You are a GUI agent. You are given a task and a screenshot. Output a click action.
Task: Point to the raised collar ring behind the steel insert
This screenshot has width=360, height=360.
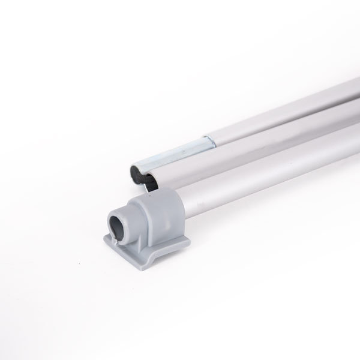pos(208,143)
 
